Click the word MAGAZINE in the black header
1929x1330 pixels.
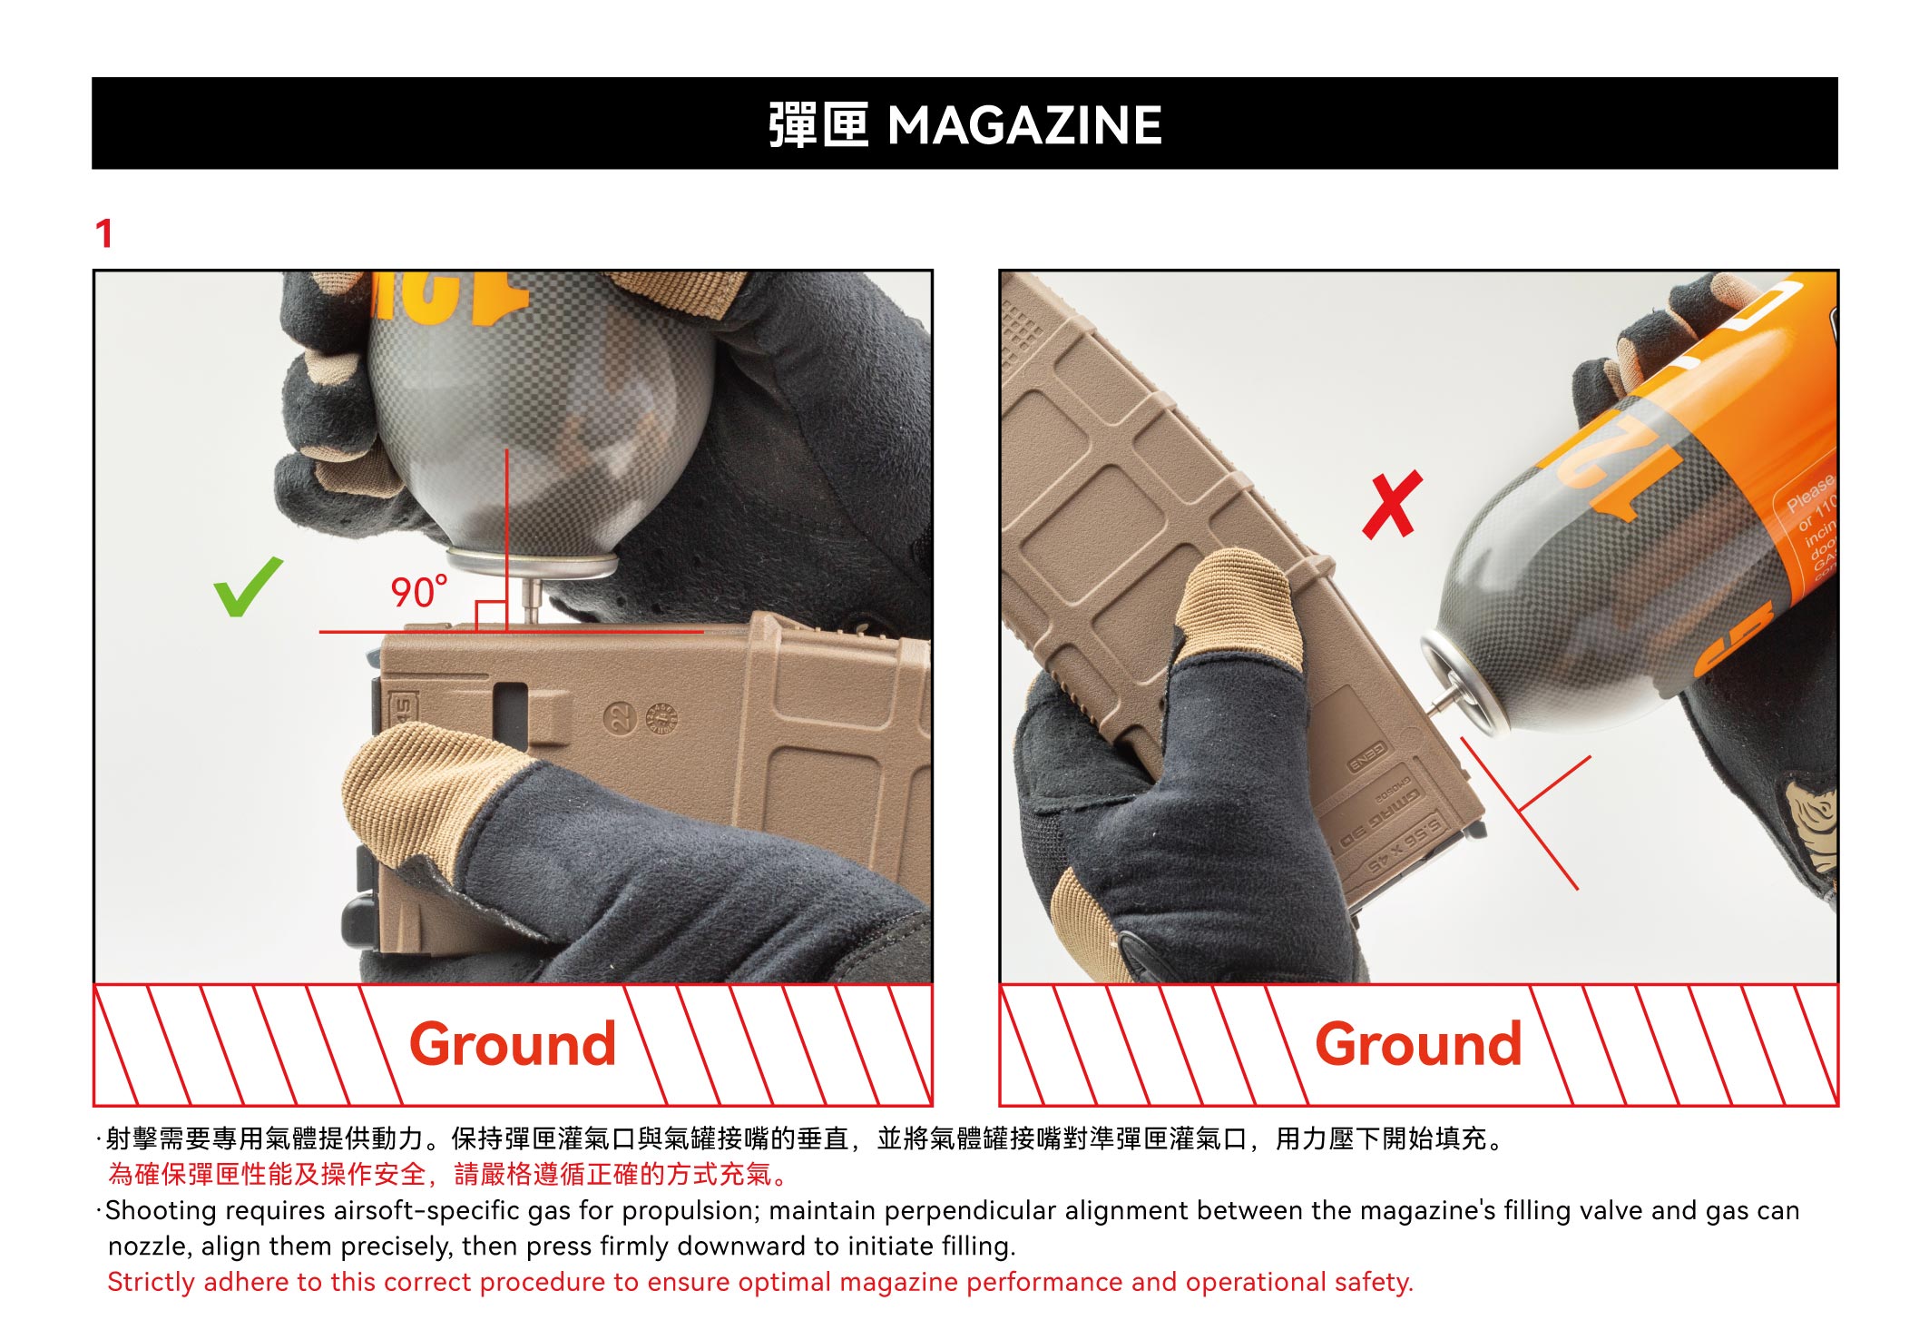(1024, 125)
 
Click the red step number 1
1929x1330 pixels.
(104, 233)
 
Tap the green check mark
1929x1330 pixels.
(248, 586)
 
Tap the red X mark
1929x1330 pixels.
(1393, 505)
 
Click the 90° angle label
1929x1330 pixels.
(419, 592)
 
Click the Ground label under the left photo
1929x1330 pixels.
(513, 1044)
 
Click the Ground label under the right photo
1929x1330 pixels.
(1418, 1044)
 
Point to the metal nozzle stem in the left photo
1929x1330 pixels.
(533, 601)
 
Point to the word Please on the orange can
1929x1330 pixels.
(1810, 491)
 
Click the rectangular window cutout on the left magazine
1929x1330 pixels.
(510, 715)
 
